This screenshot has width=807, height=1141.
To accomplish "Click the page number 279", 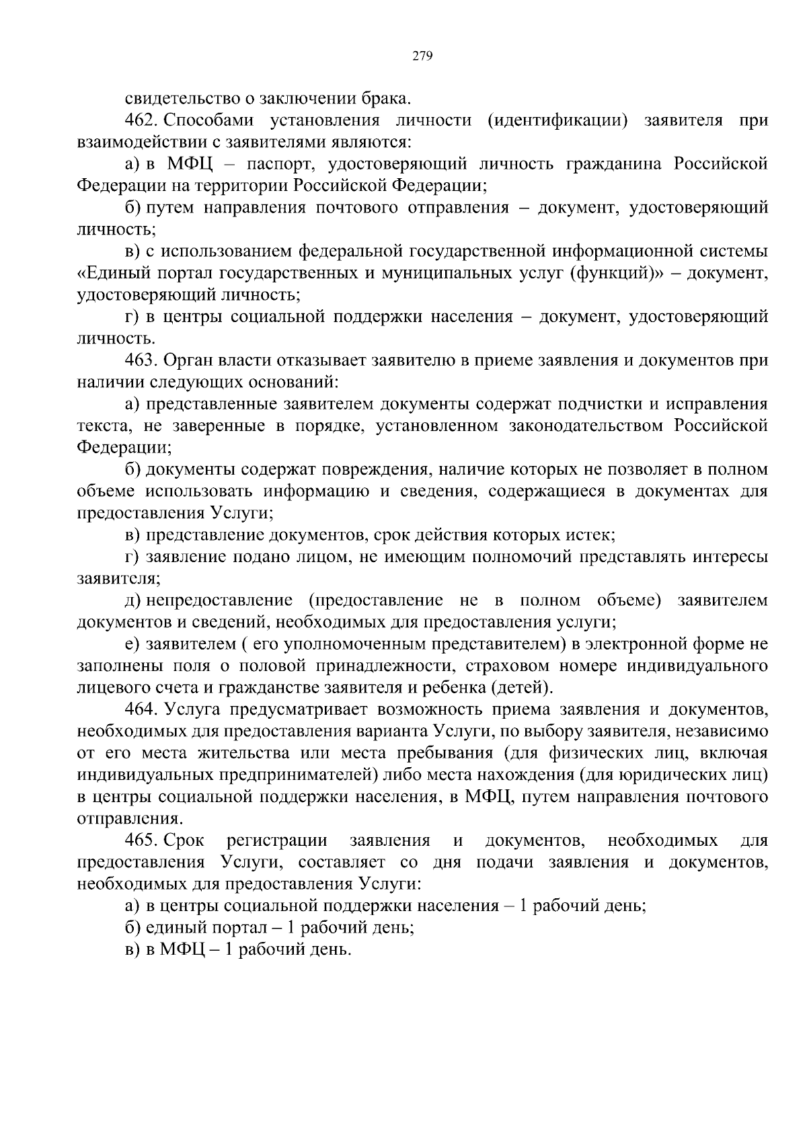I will pyautogui.click(x=422, y=56).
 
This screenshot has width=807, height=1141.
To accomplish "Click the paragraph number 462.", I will pyautogui.click(x=141, y=120).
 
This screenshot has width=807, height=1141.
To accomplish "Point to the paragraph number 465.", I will pyautogui.click(x=141, y=840).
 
